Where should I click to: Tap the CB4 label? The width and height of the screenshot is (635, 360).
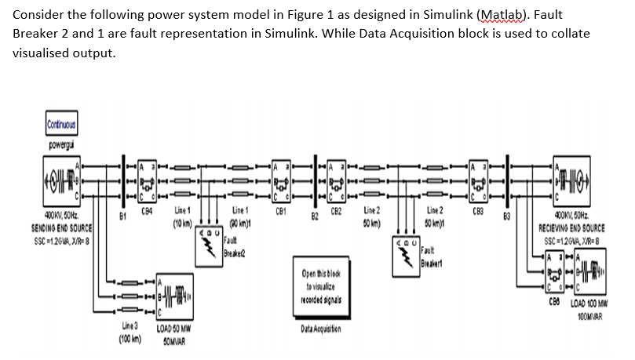point(146,211)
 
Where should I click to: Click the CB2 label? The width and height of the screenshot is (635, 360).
point(338,211)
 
